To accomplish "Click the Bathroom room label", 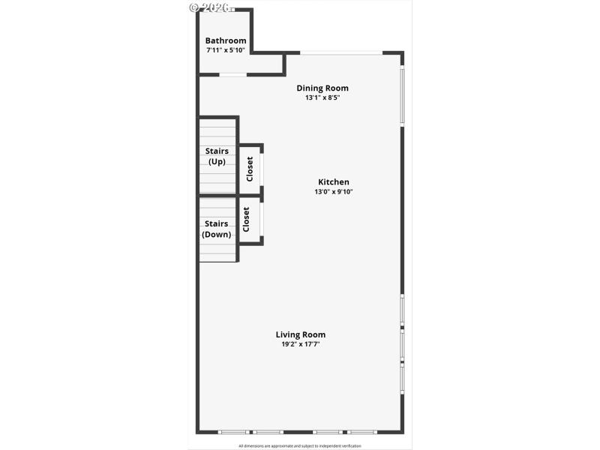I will point(226,40).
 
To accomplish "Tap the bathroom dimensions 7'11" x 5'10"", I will point(226,50).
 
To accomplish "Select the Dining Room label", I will point(322,88).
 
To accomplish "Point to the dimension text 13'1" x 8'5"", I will point(322,97).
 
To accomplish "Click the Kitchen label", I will point(334,181).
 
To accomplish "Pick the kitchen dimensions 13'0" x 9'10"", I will point(334,192).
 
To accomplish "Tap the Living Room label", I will point(301,334).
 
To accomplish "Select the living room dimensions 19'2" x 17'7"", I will point(301,344).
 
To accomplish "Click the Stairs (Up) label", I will point(217,156).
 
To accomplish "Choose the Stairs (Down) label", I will point(217,229).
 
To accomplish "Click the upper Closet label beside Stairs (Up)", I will point(250,169).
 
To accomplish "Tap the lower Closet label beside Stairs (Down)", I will point(246,219).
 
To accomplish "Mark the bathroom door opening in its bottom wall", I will point(232,74).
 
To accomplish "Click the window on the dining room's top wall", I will point(341,52).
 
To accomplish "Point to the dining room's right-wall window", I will point(402,95).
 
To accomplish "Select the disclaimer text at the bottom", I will point(300,445).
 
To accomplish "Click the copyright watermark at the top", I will point(209,7).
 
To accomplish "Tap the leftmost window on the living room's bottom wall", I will point(232,432).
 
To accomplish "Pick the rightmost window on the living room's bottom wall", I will point(362,432).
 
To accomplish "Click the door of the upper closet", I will point(262,169).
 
